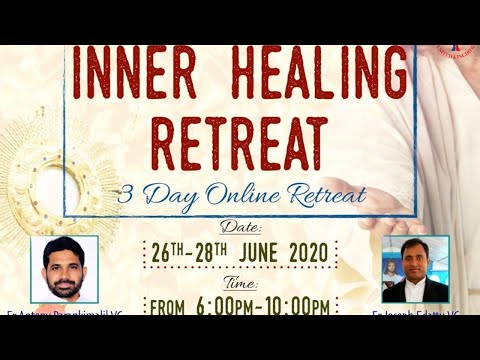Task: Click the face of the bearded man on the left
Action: point(64,267)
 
